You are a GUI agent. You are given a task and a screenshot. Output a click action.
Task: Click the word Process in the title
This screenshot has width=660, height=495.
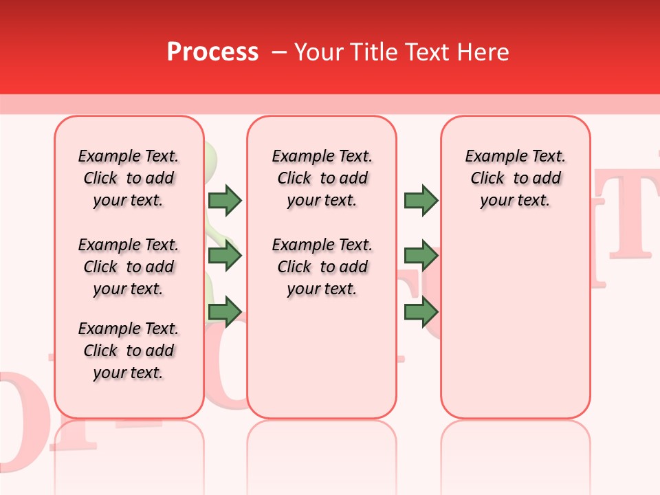point(212,52)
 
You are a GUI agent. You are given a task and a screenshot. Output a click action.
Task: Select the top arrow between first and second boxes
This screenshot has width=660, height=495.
point(224,200)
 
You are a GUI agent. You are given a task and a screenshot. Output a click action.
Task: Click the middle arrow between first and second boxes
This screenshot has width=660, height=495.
point(224,256)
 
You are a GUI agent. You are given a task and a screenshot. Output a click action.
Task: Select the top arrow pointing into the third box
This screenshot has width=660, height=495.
point(421,200)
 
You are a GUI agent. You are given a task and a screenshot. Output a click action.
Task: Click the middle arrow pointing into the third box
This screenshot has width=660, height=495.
point(421,256)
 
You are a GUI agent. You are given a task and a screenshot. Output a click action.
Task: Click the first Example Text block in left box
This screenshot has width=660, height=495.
point(129,178)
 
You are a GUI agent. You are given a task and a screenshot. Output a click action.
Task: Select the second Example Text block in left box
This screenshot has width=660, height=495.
point(129,267)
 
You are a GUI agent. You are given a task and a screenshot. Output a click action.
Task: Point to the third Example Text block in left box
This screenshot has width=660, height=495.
point(129,351)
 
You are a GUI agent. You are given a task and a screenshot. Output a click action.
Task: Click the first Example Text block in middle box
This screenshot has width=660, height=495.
point(322,178)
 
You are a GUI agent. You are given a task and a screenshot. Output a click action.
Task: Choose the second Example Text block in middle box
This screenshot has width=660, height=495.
point(322,267)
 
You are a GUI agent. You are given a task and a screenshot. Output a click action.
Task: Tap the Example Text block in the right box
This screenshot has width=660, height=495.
point(515,178)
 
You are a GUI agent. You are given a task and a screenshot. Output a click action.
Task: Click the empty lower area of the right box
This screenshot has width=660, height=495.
point(515,330)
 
